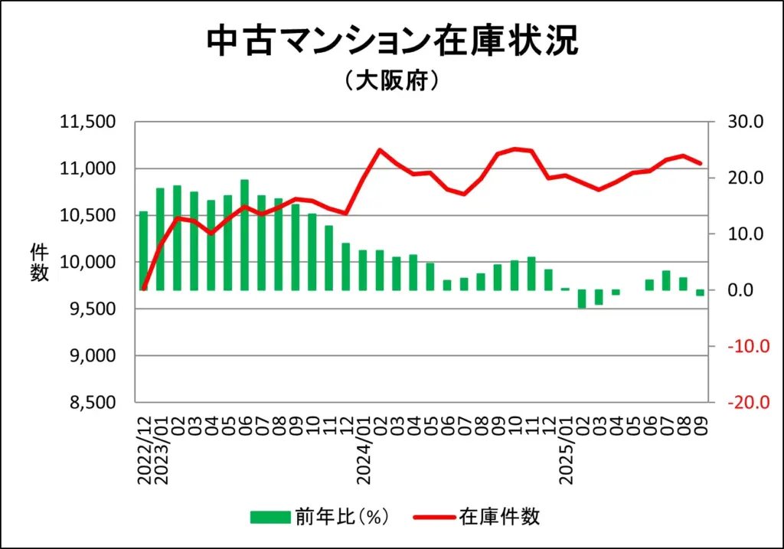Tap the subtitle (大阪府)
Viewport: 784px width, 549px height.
click(x=391, y=80)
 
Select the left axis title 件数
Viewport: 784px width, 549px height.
click(x=39, y=263)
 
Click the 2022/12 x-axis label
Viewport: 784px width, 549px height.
click(x=144, y=453)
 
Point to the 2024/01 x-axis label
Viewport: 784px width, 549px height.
click(x=365, y=453)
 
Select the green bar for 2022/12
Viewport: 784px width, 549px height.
click(x=143, y=251)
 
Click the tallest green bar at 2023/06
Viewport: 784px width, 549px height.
click(x=244, y=235)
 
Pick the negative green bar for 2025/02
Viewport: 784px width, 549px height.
click(x=581, y=299)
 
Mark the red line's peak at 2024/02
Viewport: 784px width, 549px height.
click(x=380, y=149)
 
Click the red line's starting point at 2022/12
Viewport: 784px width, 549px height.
click(x=143, y=289)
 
